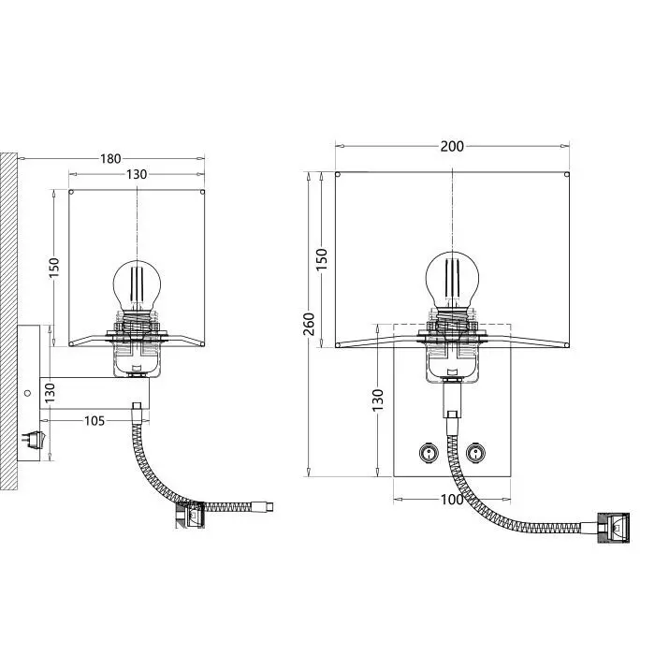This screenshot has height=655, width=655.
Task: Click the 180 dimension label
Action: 110,159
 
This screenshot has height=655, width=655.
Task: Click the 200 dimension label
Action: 452,146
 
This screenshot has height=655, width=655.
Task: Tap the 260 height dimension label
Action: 309,324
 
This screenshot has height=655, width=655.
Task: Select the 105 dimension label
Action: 95,421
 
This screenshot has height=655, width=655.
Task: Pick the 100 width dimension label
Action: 452,499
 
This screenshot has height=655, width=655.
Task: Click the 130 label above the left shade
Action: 137,174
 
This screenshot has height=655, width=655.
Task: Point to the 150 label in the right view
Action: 322,259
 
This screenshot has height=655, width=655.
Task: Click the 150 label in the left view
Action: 54,268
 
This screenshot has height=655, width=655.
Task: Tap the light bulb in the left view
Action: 137,286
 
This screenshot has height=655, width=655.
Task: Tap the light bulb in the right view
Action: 452,280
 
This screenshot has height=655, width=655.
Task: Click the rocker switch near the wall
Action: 34,440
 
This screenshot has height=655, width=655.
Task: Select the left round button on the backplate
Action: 429,452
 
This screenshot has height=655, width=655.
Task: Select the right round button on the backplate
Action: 475,452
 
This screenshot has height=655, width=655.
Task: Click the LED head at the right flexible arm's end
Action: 613,528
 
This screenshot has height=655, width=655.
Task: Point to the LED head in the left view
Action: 190,516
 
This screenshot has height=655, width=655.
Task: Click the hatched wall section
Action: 8,321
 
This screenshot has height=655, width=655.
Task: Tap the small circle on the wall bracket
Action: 27,393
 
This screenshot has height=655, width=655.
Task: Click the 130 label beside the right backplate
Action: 378,400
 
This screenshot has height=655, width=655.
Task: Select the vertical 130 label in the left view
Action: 50,393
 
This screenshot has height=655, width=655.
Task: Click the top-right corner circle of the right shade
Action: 566,175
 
